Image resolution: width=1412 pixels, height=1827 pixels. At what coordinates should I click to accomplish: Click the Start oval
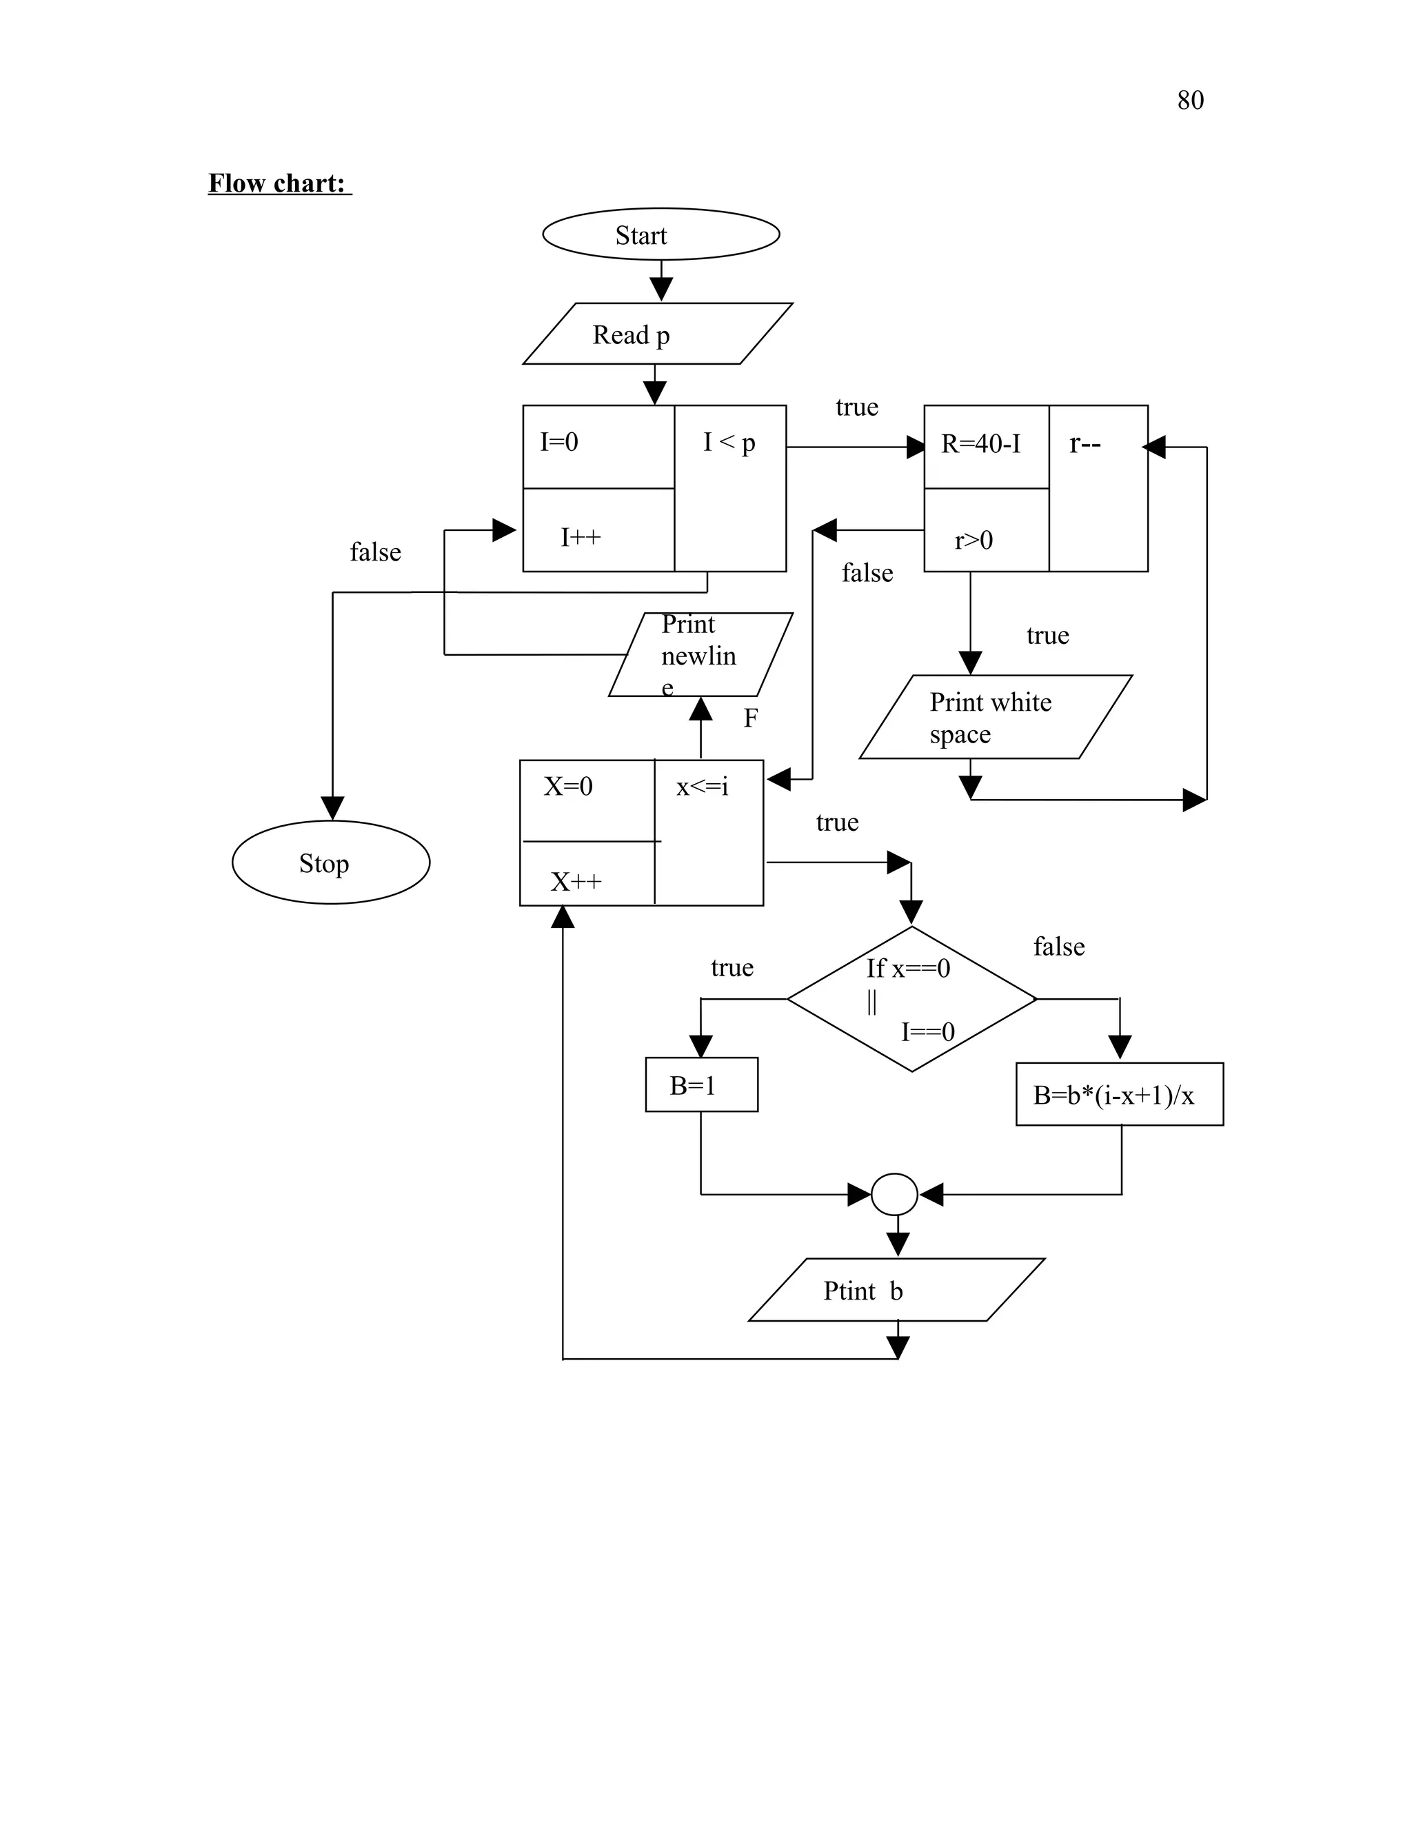click(660, 234)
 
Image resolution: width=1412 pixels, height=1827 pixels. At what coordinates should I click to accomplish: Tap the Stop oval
click(330, 862)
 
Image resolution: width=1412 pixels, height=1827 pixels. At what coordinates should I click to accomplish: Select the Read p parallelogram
click(658, 334)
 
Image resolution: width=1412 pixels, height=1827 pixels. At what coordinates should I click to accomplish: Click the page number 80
click(1189, 101)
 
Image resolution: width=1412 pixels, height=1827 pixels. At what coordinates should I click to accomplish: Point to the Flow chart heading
click(278, 183)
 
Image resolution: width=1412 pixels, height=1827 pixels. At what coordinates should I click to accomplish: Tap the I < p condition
click(729, 443)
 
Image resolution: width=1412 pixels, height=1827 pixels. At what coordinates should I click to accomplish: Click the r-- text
click(1085, 444)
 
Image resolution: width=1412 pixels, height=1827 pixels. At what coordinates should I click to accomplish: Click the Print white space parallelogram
click(996, 718)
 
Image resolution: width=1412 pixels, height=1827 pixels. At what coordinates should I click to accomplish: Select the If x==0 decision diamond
click(911, 999)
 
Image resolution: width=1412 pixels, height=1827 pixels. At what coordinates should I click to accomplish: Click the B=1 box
click(701, 1085)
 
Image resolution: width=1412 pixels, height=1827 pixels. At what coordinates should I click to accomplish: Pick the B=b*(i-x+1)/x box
click(1119, 1094)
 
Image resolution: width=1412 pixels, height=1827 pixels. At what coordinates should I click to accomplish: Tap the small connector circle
click(894, 1195)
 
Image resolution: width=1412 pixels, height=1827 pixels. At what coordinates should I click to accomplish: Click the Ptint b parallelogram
click(895, 1290)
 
